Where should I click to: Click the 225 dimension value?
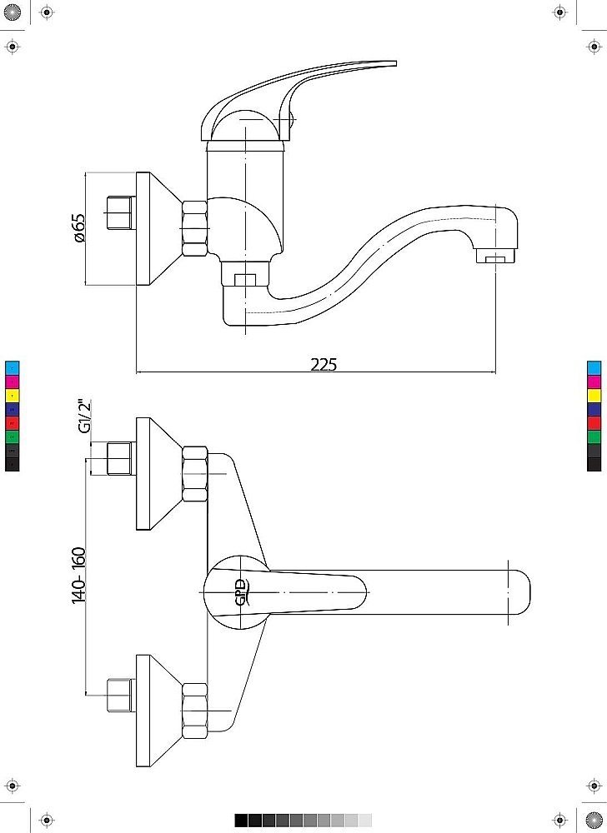tap(324, 364)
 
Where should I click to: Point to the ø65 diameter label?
tap(78, 228)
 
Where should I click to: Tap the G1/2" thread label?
tap(84, 416)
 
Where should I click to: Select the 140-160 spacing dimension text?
tap(78, 575)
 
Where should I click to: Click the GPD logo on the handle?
tap(242, 591)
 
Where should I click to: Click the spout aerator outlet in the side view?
tap(495, 258)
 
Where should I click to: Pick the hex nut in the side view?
tap(195, 228)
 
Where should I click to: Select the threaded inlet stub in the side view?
tap(121, 213)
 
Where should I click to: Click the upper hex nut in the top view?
tap(195, 474)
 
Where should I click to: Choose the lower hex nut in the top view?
tap(195, 711)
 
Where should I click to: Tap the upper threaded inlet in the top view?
tap(121, 458)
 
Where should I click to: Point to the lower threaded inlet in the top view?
tap(121, 695)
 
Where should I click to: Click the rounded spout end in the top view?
tap(521, 591)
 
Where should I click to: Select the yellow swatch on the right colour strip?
tap(594, 395)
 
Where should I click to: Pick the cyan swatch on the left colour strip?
tap(13, 367)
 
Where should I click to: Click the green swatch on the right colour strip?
tap(594, 436)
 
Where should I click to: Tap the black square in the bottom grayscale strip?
tap(241, 821)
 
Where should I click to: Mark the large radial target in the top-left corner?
tap(13, 12)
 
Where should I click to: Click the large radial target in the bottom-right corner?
tap(594, 821)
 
